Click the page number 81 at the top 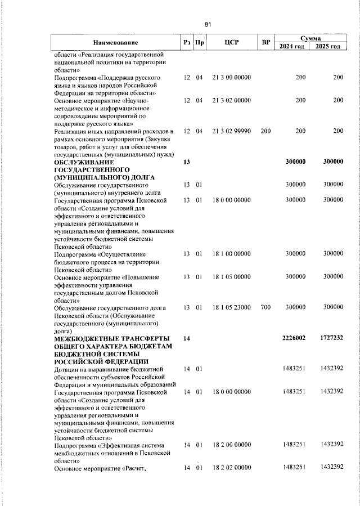tap(208, 24)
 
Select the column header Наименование tap(115, 43)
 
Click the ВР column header tap(266, 43)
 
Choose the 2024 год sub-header tap(292, 46)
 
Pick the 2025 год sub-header tap(328, 46)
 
